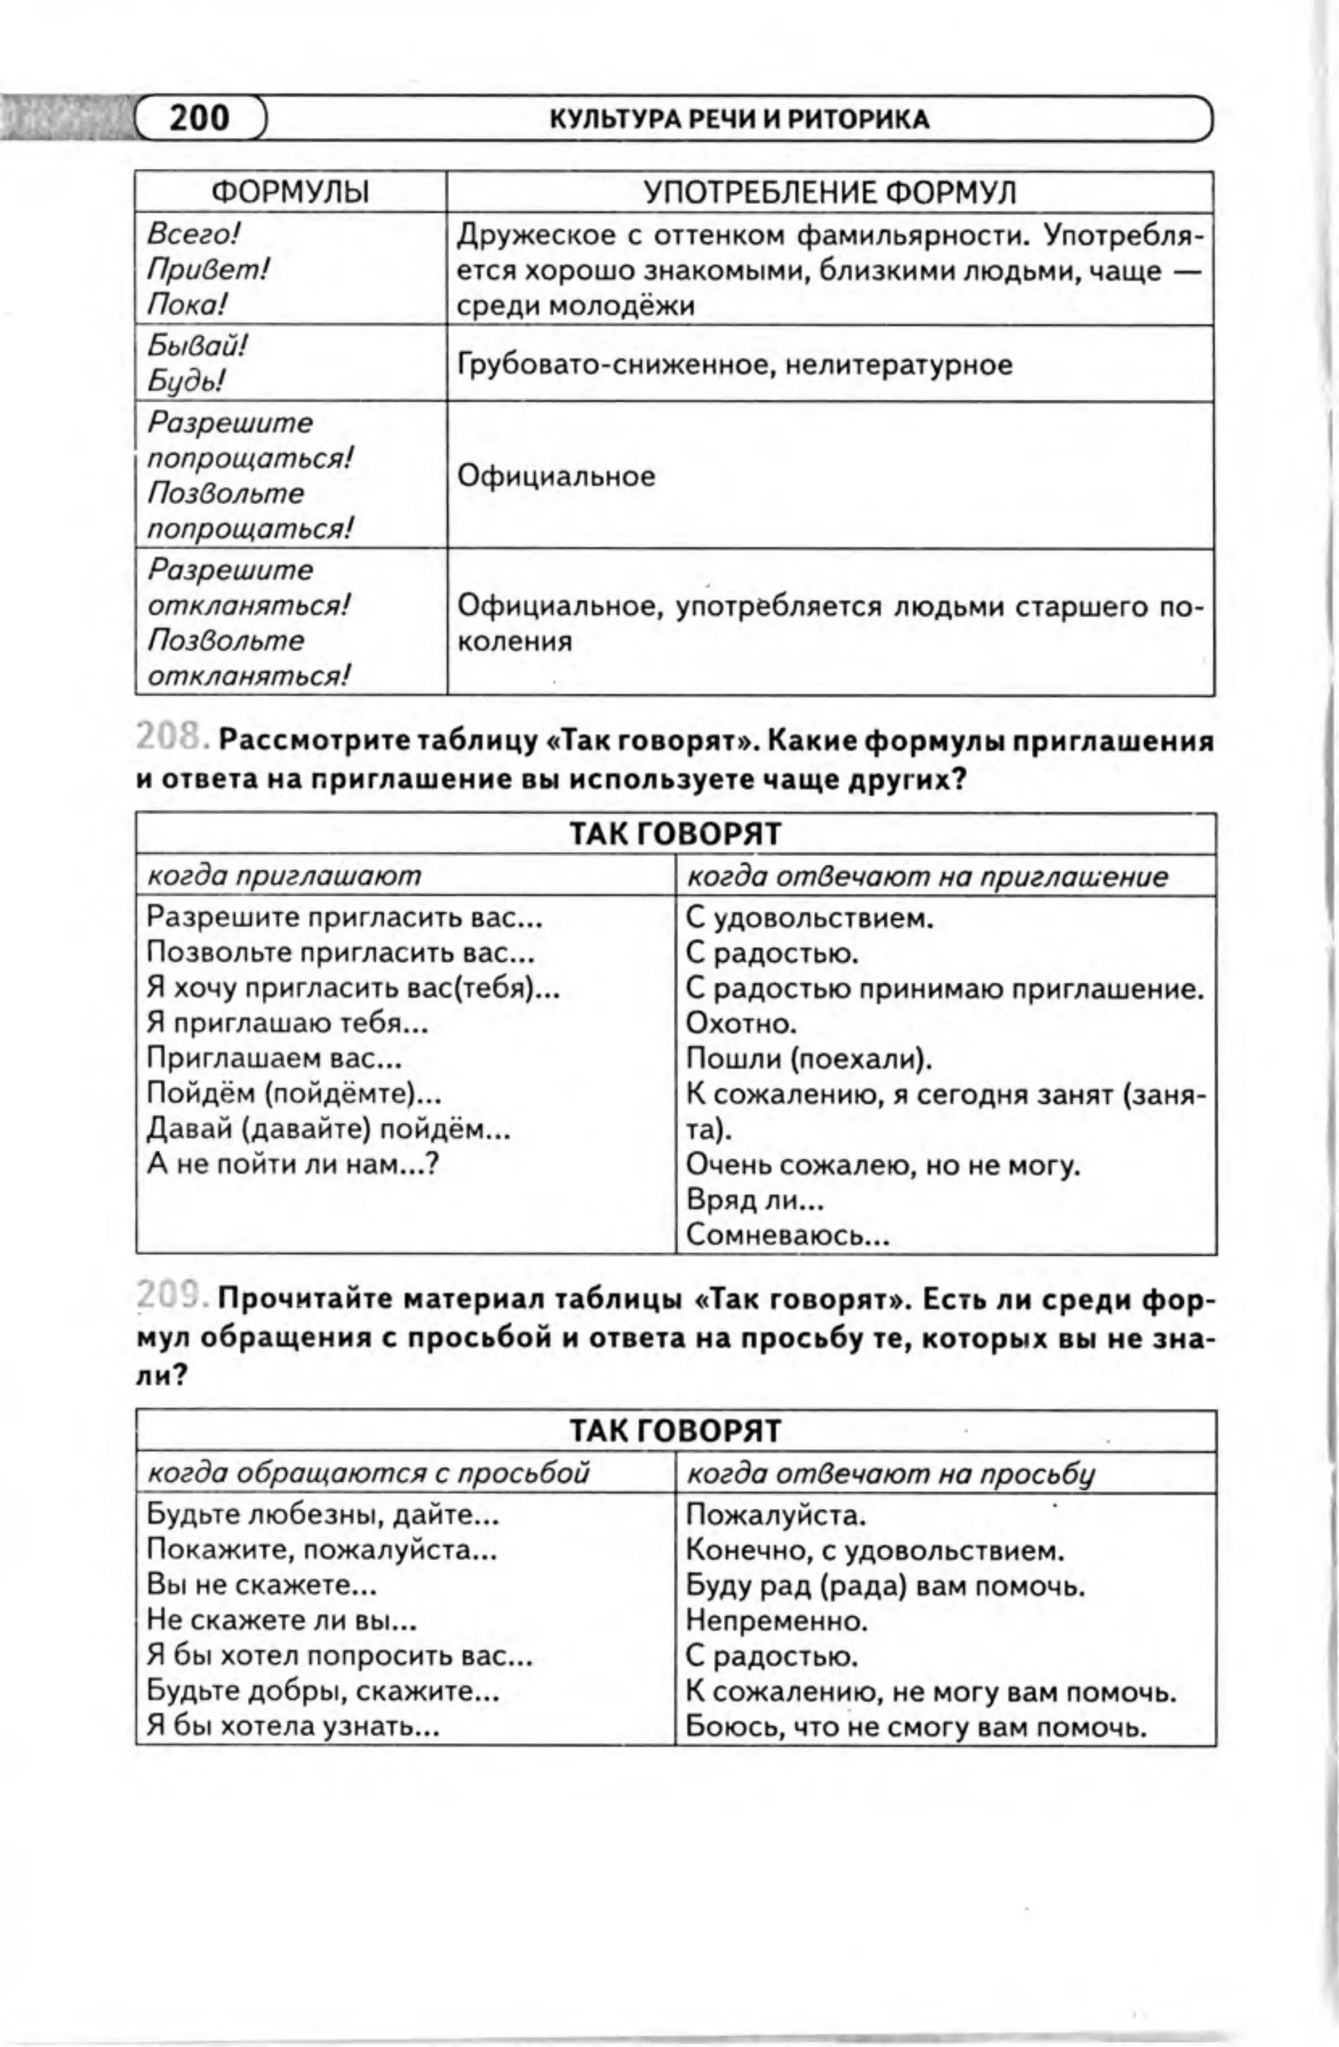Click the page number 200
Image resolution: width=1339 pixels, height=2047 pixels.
pos(199,118)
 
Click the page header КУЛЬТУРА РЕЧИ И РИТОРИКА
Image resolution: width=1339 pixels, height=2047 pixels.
pos(739,120)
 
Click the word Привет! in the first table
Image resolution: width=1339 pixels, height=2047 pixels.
pos(207,270)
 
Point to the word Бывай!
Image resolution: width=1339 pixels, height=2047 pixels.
pos(197,346)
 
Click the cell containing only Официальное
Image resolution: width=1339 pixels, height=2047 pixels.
pos(556,475)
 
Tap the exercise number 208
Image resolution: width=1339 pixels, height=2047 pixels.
pos(171,739)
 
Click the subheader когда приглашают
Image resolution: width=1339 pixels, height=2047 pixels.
pos(284,876)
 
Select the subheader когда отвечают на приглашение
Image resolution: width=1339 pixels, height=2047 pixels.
pos(927,876)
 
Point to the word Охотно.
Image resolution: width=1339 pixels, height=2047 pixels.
pos(741,1023)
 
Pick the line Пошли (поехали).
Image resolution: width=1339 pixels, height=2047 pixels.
pos(808,1058)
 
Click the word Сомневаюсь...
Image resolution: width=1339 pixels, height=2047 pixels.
pos(786,1236)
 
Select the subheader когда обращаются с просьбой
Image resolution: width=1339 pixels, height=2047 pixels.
pos(368,1473)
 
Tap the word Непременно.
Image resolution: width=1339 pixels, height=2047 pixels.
pos(777,1621)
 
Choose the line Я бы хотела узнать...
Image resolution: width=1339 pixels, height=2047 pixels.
pos(292,1726)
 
